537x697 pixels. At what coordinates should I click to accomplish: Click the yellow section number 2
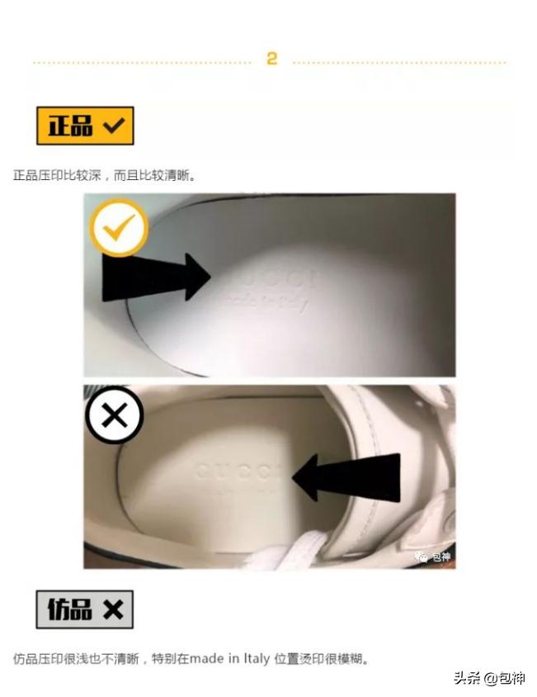tap(271, 59)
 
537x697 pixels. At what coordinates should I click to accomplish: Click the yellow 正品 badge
tap(85, 126)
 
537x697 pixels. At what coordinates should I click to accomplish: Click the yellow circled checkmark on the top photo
tap(119, 227)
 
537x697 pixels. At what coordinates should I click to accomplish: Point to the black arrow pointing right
tap(156, 277)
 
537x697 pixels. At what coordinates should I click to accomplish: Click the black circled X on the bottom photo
tap(115, 415)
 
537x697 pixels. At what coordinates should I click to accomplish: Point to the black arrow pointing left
tap(347, 477)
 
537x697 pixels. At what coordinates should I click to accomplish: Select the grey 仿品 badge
tap(84, 609)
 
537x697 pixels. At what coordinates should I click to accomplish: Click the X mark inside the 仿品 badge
tap(112, 609)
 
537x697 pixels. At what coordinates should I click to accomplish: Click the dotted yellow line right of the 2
tap(399, 62)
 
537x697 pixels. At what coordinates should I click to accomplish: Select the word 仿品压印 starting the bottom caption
tap(38, 659)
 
